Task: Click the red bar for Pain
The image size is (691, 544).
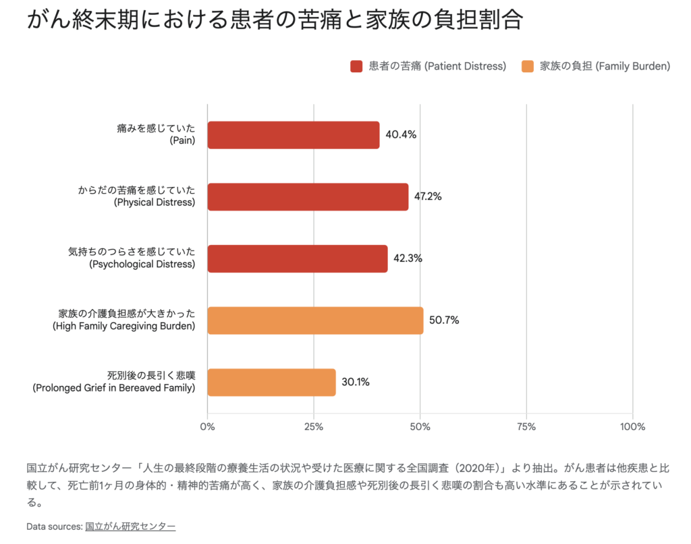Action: coord(293,135)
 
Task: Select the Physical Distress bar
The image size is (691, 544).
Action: coord(308,197)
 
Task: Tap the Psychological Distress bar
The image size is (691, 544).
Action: coord(297,259)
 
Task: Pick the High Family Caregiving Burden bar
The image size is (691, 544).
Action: coord(315,321)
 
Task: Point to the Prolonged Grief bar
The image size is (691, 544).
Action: coord(271,382)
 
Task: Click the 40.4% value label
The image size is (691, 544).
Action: coord(401,134)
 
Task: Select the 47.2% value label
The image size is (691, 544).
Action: coord(428,196)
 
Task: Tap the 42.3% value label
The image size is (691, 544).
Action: coord(408,258)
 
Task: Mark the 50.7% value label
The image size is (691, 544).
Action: coord(443,320)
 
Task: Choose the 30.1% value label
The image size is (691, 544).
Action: coord(356,382)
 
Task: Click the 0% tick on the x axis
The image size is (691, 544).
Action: coord(208,427)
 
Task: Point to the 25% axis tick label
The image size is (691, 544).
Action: coord(314,427)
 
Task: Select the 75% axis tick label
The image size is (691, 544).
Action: coord(526,427)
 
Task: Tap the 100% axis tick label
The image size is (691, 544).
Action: coord(632,427)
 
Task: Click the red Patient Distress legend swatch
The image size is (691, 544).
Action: coord(357,66)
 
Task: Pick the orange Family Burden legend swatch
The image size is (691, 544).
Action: coord(528,66)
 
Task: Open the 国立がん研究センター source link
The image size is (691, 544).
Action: coord(130,526)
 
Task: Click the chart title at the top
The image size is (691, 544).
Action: coord(274,20)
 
